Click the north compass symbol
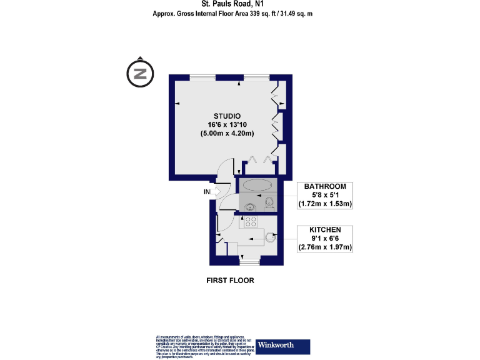point(141,73)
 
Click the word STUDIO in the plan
point(227,116)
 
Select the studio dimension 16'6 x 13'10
point(227,125)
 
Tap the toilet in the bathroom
point(269,201)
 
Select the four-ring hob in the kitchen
point(250,220)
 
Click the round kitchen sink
point(270,237)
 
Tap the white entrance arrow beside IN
point(216,192)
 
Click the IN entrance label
point(207,192)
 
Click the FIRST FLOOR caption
point(231,281)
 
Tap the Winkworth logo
point(283,345)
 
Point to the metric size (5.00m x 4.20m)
point(227,134)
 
